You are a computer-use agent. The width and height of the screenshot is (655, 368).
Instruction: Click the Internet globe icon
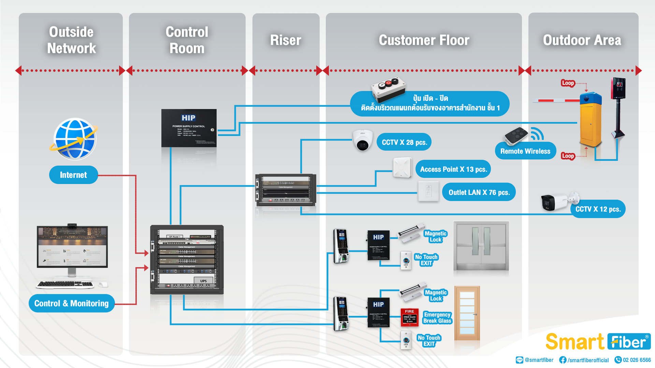(x=75, y=139)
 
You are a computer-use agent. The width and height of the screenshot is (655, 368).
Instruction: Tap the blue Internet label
(x=73, y=175)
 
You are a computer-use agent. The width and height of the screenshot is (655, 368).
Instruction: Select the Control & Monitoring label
(x=72, y=303)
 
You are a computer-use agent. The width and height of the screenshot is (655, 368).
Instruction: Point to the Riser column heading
(x=286, y=40)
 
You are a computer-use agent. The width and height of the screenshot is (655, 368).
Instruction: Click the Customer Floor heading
(x=424, y=40)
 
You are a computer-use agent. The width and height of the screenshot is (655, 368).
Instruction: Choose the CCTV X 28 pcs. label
(x=404, y=142)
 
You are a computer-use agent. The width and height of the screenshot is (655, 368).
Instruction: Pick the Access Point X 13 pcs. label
(x=453, y=169)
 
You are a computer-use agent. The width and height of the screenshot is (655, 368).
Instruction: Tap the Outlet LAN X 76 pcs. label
(x=479, y=192)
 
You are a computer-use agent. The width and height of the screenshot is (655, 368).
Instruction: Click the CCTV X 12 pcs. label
(x=598, y=209)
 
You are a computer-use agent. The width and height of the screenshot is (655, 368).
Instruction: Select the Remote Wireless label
(x=525, y=151)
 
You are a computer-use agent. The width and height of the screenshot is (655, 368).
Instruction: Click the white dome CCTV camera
(x=363, y=140)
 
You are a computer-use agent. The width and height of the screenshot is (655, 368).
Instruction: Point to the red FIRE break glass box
(x=409, y=317)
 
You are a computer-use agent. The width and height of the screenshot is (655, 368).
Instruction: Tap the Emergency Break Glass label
(x=437, y=318)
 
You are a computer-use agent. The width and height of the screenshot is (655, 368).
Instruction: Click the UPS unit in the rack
(x=203, y=281)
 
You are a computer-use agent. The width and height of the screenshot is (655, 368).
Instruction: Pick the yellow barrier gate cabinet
(x=591, y=123)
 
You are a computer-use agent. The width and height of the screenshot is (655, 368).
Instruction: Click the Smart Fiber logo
(x=598, y=341)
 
